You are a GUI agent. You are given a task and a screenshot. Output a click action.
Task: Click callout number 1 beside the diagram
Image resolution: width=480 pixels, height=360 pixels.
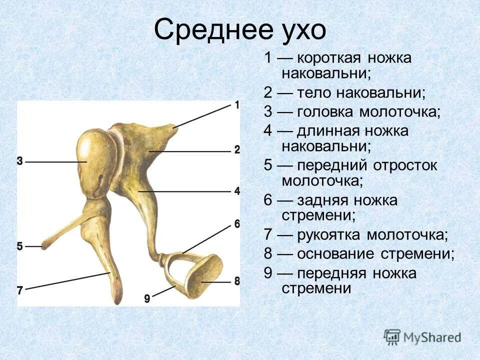[x=236, y=105]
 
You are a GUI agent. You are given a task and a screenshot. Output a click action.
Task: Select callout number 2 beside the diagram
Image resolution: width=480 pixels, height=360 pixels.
[x=236, y=149]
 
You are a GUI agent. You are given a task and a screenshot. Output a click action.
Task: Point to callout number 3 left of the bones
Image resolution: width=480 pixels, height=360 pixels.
[x=20, y=161]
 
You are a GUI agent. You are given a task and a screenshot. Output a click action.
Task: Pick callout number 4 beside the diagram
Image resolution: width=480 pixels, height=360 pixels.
[x=236, y=191]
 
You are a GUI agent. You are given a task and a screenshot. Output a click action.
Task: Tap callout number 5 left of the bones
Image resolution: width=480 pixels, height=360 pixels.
[x=20, y=246]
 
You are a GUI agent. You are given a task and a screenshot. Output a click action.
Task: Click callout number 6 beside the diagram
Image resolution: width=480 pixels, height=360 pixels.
[x=236, y=223]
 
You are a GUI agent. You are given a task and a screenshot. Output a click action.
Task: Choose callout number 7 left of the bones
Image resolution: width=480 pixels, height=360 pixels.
[x=20, y=290]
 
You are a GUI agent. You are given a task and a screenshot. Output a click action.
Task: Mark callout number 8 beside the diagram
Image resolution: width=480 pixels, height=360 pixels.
[x=236, y=281]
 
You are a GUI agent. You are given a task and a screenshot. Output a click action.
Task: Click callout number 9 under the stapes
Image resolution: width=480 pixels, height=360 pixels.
[x=147, y=298]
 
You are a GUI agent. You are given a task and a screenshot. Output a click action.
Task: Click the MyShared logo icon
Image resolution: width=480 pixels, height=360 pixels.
[x=392, y=336]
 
